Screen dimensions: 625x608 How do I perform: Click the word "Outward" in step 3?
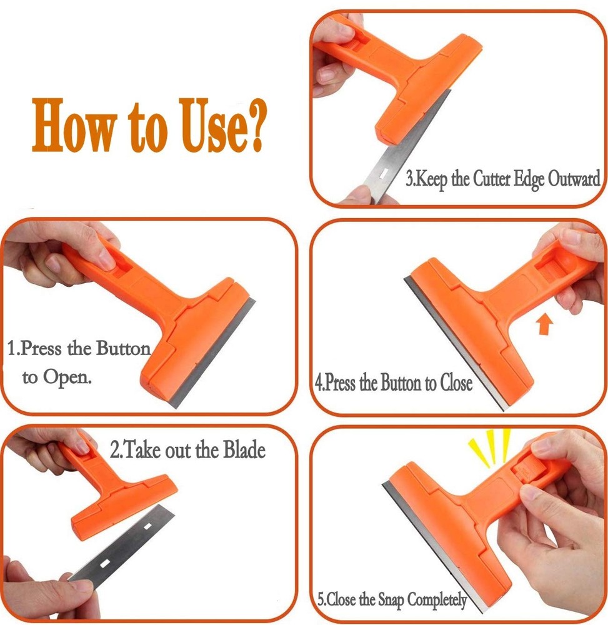(x=574, y=180)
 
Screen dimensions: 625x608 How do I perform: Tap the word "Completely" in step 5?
(x=437, y=601)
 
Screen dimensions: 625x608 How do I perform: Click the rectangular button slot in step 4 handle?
(x=554, y=270)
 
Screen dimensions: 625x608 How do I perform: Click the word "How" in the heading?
(x=74, y=123)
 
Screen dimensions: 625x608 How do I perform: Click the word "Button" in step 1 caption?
(x=122, y=348)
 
